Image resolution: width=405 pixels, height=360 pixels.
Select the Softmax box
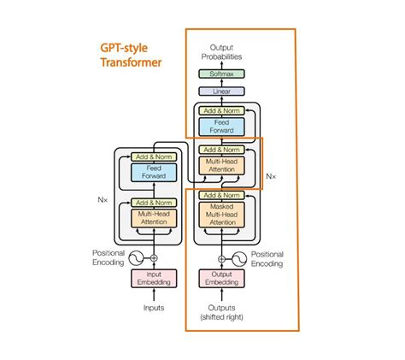(221, 74)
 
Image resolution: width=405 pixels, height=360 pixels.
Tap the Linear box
(221, 91)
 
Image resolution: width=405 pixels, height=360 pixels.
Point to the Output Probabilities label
(221, 52)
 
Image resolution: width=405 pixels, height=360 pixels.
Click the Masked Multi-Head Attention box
(221, 215)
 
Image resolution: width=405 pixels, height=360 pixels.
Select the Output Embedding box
(221, 279)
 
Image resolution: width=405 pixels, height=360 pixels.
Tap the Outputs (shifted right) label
(221, 312)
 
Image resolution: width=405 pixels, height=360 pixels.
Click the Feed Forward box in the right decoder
(221, 127)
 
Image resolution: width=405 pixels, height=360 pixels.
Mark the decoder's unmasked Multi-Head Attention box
(221, 165)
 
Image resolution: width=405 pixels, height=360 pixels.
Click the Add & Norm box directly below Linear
(221, 111)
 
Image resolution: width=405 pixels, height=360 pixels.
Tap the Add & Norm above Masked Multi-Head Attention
(221, 196)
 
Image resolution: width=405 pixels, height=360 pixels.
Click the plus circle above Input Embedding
(154, 257)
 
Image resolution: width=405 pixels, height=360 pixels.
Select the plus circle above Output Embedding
(221, 257)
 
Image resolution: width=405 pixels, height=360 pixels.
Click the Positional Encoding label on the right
(267, 258)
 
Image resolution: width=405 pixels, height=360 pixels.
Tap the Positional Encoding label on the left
(108, 258)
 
